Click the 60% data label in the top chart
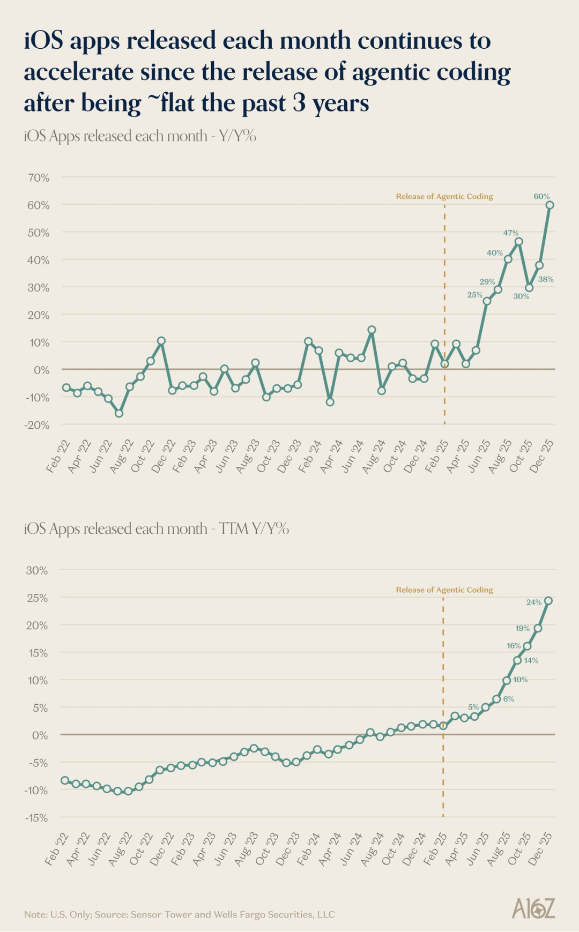click(541, 197)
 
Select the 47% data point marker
click(518, 242)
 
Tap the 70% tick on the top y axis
click(38, 177)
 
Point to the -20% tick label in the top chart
click(36, 425)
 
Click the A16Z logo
click(533, 908)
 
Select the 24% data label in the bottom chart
click(533, 602)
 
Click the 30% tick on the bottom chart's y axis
click(36, 570)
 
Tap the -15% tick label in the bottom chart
click(35, 818)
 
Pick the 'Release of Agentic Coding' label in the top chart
click(444, 197)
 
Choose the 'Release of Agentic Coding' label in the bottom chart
click(444, 590)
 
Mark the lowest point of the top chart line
click(119, 413)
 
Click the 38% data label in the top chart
click(546, 279)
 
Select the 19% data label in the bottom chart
click(522, 628)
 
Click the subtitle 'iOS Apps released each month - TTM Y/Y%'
click(156, 529)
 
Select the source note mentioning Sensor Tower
click(179, 914)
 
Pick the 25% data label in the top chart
click(474, 295)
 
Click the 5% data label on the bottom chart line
click(473, 707)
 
